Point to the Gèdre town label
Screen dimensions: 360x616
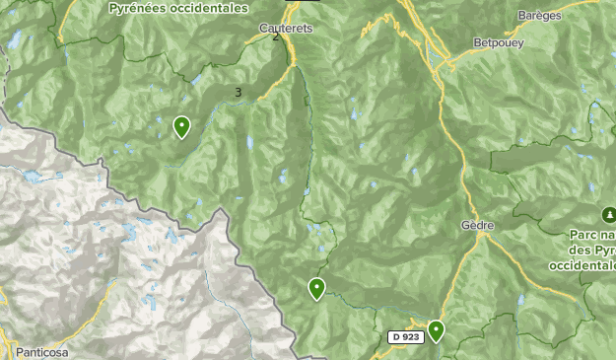pyautogui.click(x=476, y=225)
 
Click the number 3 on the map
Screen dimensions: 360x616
pyautogui.click(x=239, y=93)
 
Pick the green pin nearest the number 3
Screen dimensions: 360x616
pyautogui.click(x=181, y=126)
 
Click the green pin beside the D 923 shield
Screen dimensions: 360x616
pyautogui.click(x=435, y=330)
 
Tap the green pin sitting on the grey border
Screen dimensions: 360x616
pyautogui.click(x=316, y=288)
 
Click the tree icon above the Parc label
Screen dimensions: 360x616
pyautogui.click(x=608, y=215)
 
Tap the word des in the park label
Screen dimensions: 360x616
pyautogui.click(x=581, y=251)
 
